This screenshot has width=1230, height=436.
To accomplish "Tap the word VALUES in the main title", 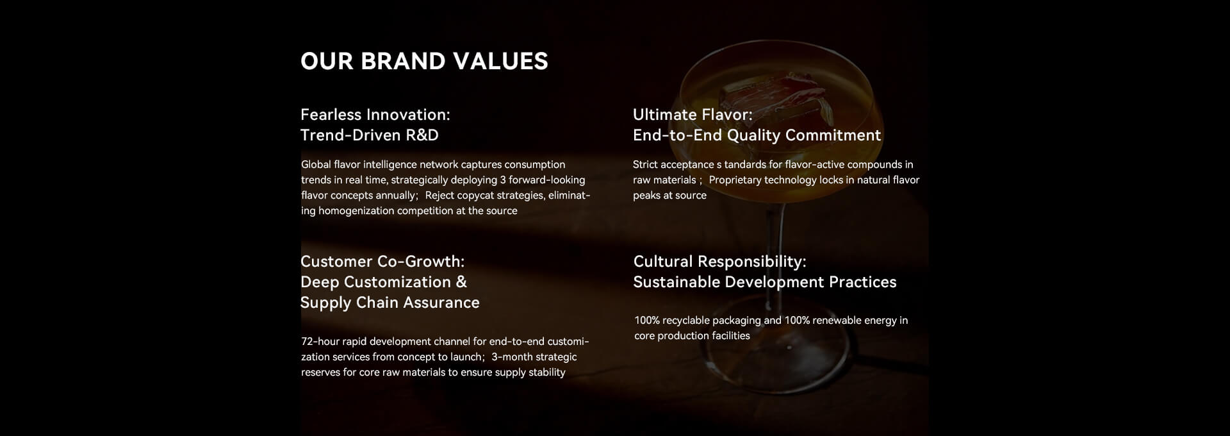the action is [500, 62].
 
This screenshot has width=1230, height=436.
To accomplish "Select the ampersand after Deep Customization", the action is [461, 282].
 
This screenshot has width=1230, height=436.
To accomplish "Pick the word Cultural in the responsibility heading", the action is [663, 262].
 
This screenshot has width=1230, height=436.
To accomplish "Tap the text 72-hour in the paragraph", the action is [320, 342].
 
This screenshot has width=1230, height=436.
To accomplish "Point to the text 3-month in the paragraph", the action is [511, 357].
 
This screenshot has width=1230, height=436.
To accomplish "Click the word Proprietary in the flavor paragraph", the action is [735, 180].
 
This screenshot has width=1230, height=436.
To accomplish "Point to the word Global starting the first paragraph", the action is [316, 165].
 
